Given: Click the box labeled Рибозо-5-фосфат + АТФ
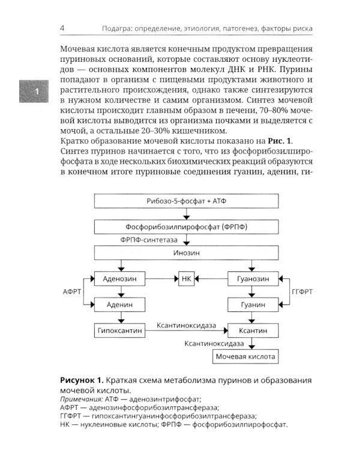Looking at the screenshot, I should (186, 202).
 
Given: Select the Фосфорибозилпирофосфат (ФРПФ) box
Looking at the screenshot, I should (186, 227).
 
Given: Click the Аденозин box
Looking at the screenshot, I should (121, 279).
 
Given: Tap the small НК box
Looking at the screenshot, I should (186, 279).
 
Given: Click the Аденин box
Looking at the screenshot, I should (121, 305).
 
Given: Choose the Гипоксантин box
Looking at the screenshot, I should (121, 331).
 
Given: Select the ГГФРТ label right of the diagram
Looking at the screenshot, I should (302, 292).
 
